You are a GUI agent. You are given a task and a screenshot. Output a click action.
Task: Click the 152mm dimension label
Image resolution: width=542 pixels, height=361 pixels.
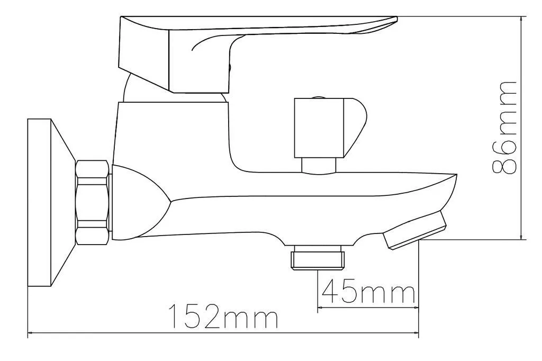pos(223,316)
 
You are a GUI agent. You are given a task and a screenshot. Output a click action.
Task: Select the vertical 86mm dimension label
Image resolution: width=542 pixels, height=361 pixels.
pos(504,128)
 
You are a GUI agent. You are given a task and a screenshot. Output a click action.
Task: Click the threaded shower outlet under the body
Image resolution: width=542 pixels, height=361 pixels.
pos(318,257)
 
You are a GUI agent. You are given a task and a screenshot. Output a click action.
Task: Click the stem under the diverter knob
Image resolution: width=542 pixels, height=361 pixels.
pos(319,165)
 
